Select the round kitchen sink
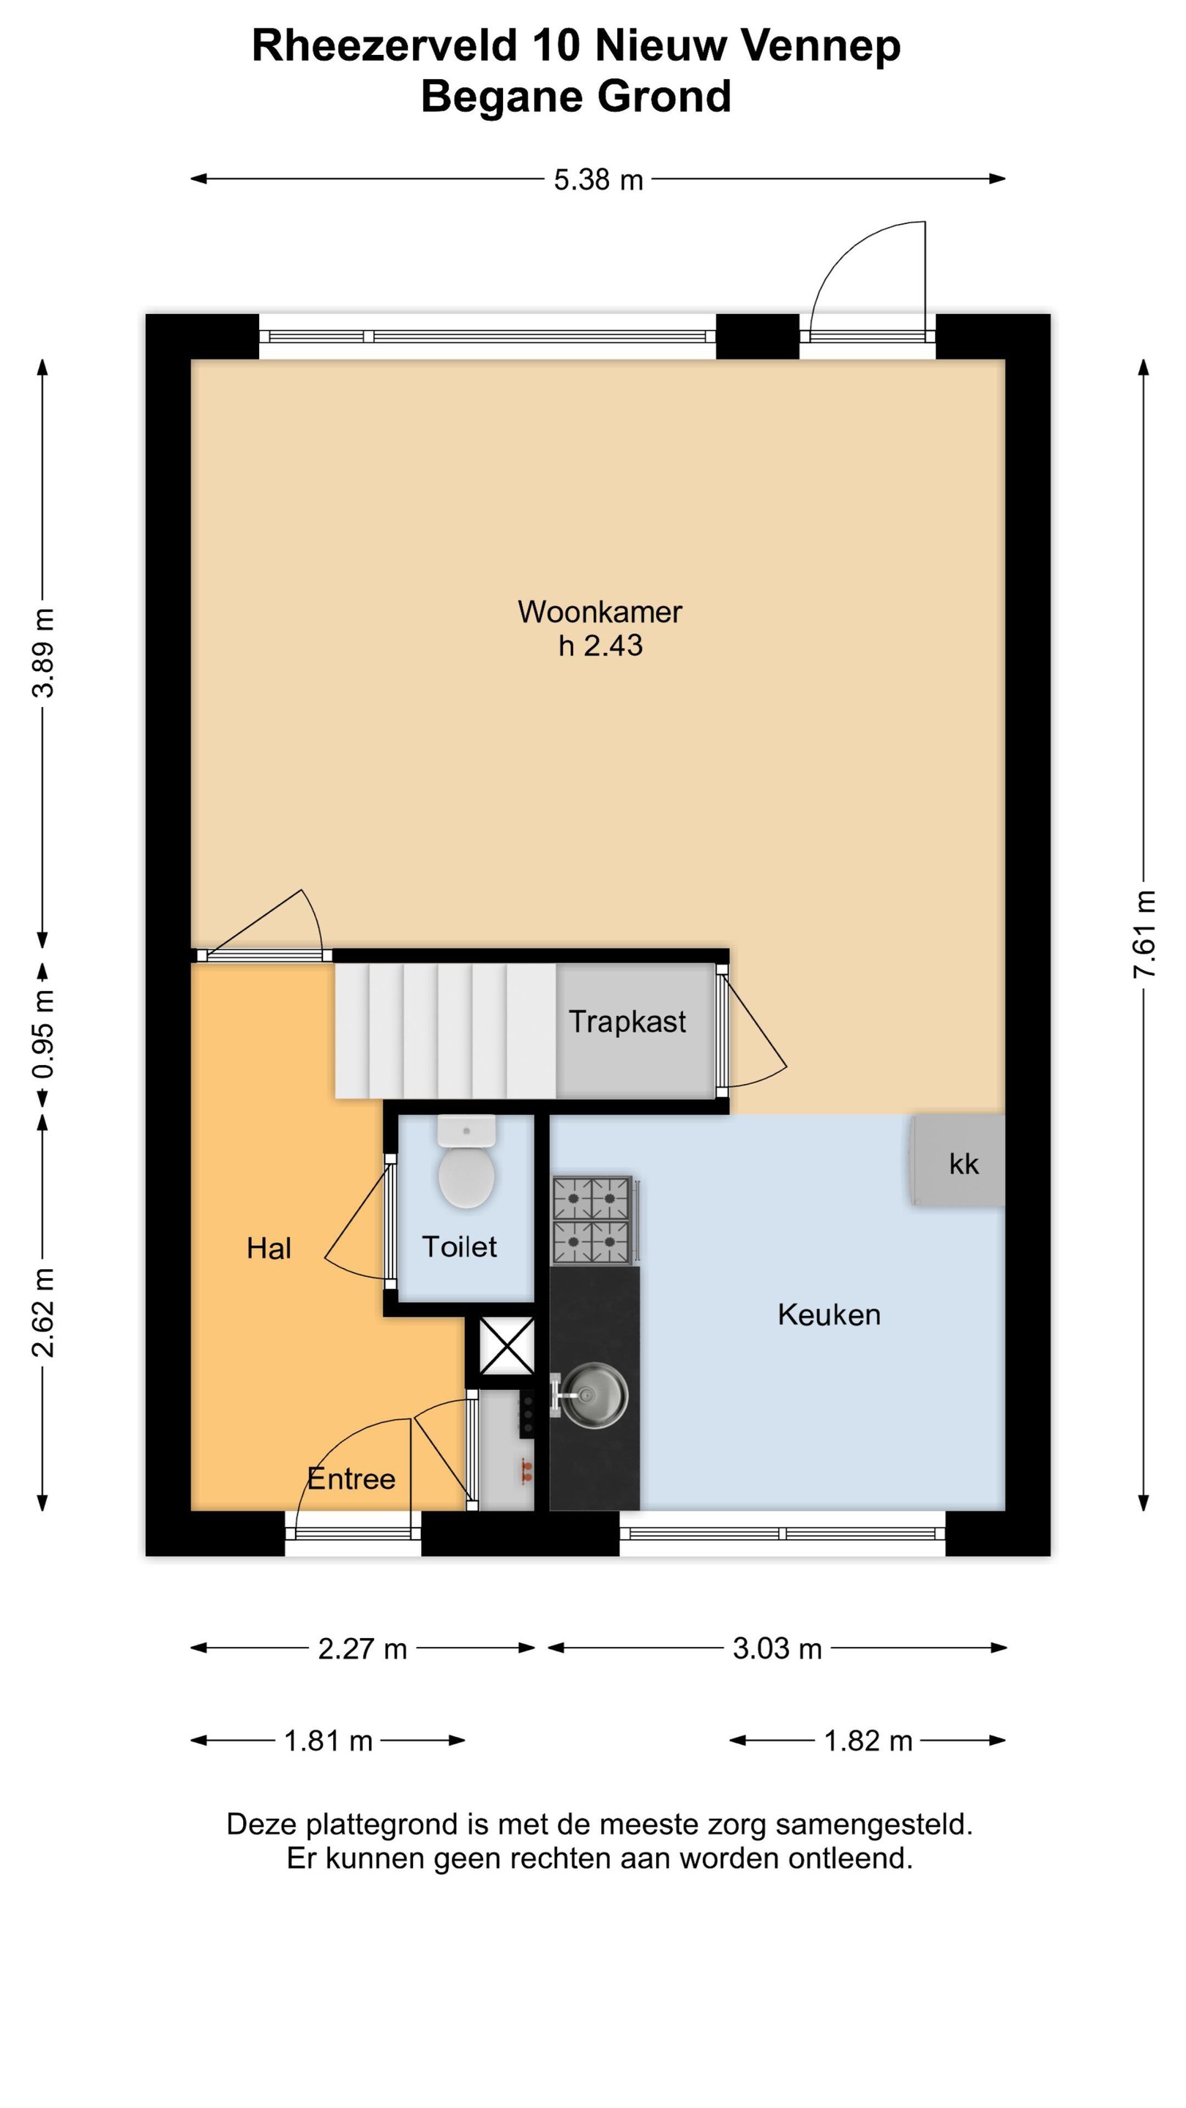595,1395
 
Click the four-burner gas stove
592,1220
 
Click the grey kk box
958,1160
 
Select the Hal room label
269,1248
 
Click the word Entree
351,1479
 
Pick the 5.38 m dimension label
598,180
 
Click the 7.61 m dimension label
1144,934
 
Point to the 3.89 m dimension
42,653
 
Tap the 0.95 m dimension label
42,1034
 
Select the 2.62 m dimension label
42,1312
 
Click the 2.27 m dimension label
362,1649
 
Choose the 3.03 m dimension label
777,1649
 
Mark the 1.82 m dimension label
868,1741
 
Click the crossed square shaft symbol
507,1345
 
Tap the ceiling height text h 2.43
600,646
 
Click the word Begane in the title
501,97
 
